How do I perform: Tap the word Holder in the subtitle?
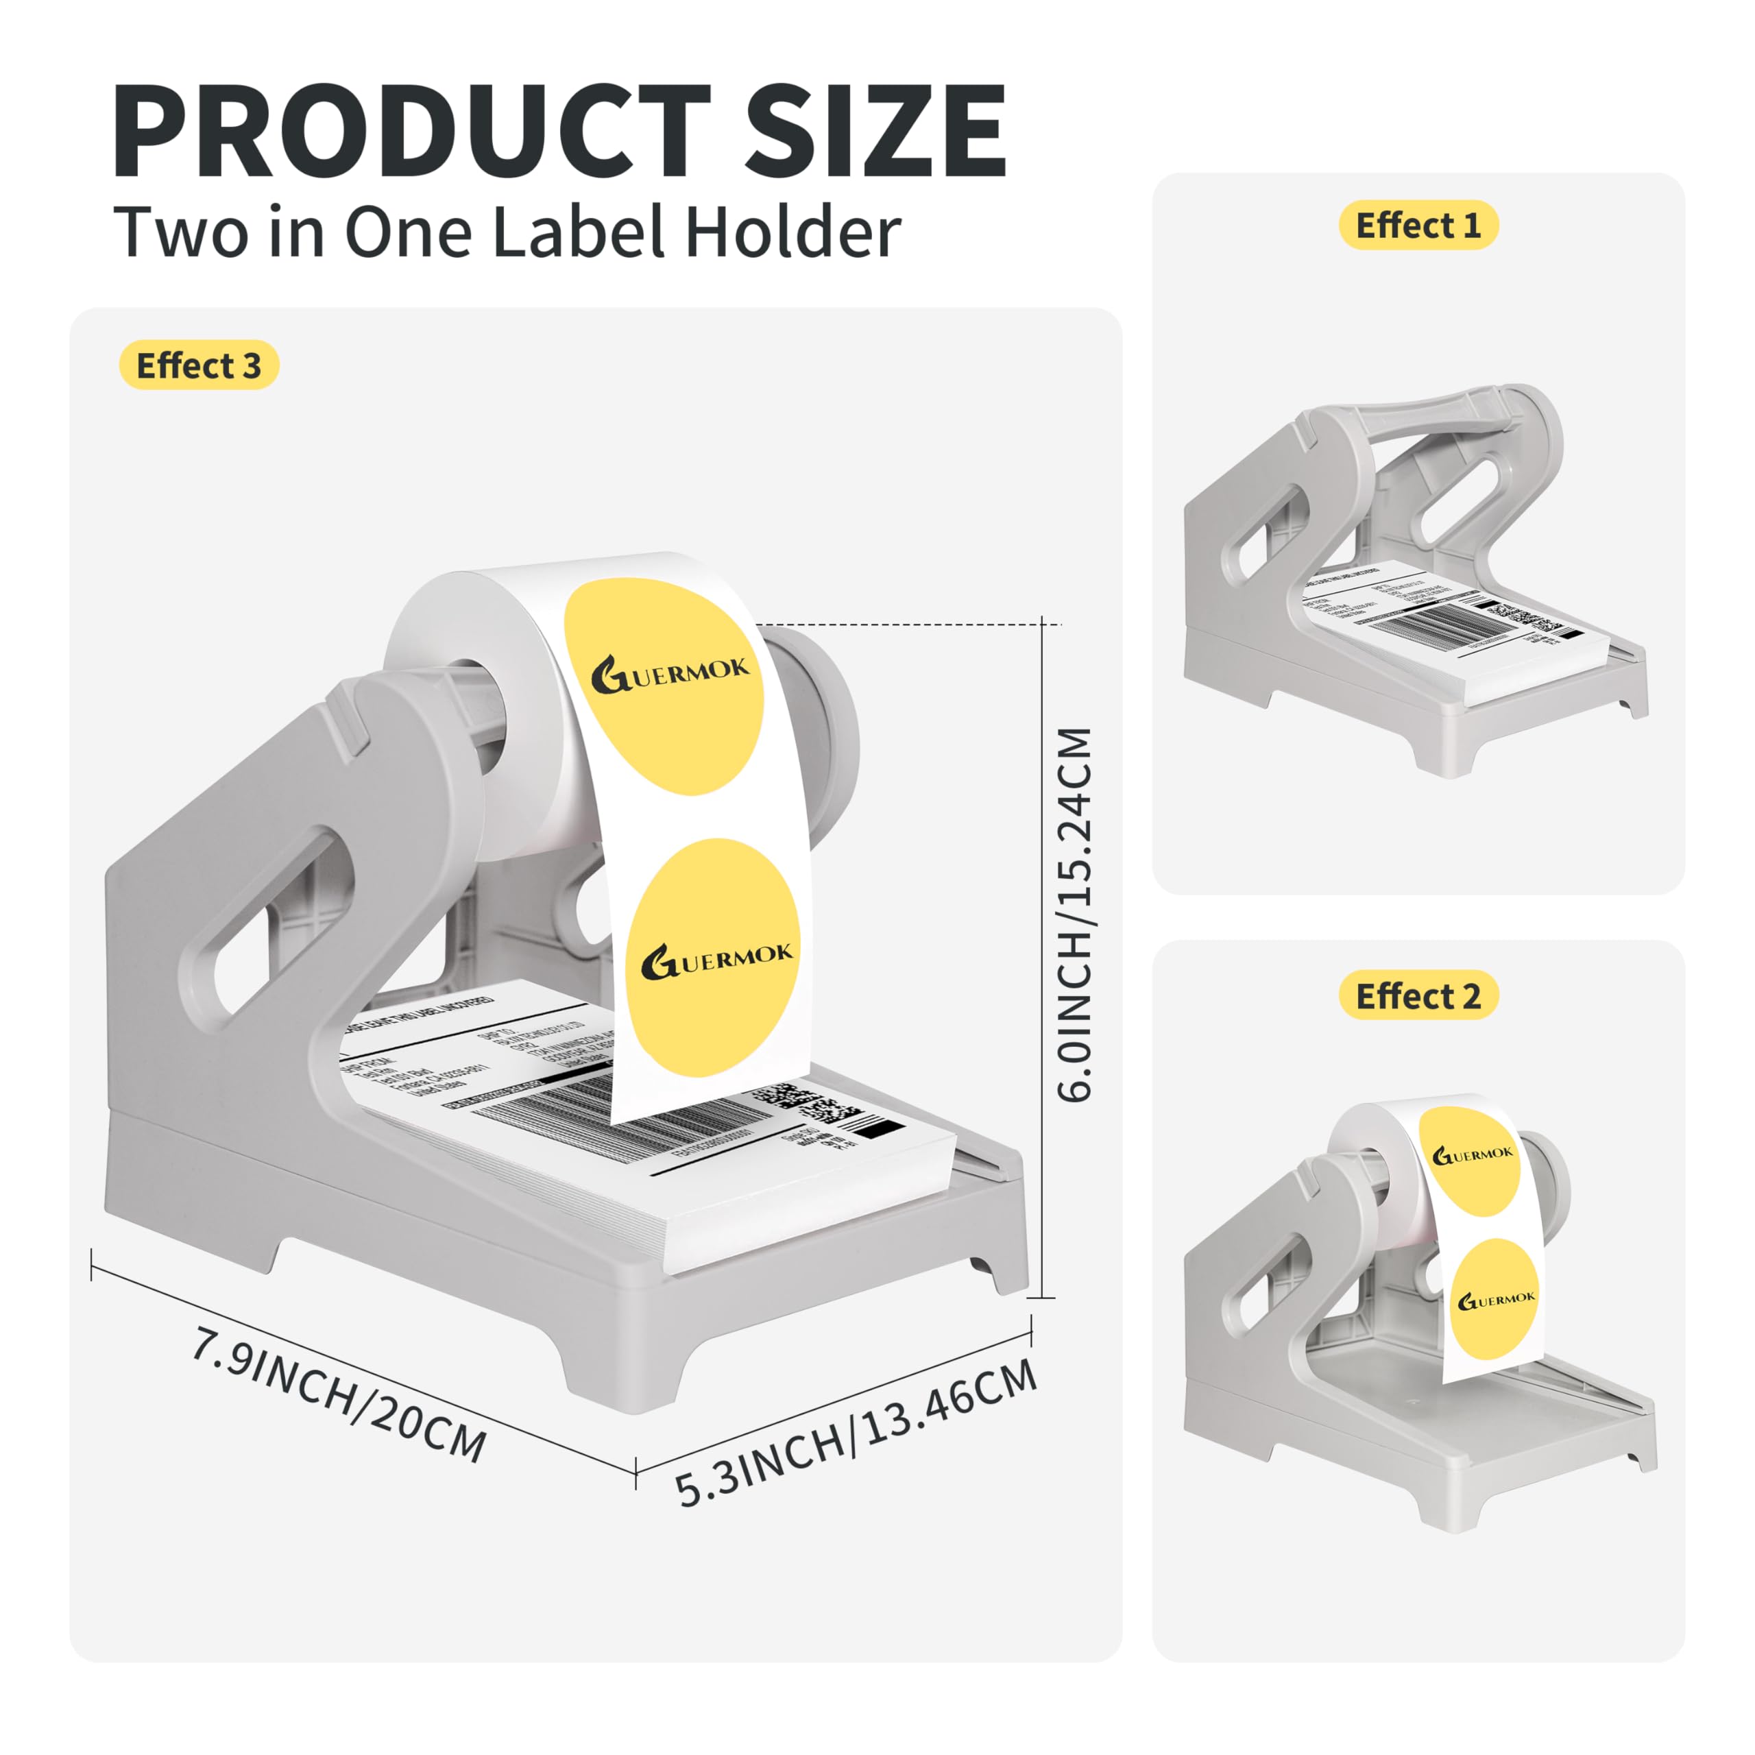tap(792, 232)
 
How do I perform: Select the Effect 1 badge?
tap(1417, 226)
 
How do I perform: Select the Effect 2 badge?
tap(1417, 995)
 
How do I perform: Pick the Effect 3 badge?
tap(198, 365)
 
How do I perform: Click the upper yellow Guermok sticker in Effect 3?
tap(665, 686)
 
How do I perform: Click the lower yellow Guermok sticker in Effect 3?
tap(714, 958)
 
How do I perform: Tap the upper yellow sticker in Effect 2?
tap(1470, 1161)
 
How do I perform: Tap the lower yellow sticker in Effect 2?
tap(1494, 1299)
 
